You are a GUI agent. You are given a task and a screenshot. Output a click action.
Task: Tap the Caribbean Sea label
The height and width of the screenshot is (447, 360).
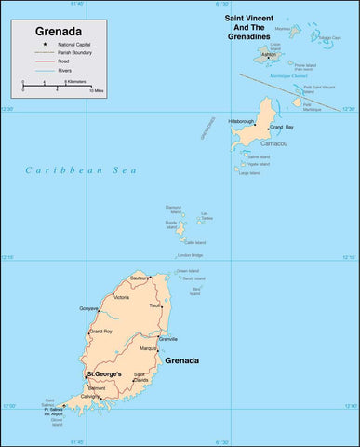coord(81,170)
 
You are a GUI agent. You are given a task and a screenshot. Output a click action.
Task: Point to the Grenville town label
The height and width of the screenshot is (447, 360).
coord(167,339)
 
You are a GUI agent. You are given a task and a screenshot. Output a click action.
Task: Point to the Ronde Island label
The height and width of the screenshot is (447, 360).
coord(170,223)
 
